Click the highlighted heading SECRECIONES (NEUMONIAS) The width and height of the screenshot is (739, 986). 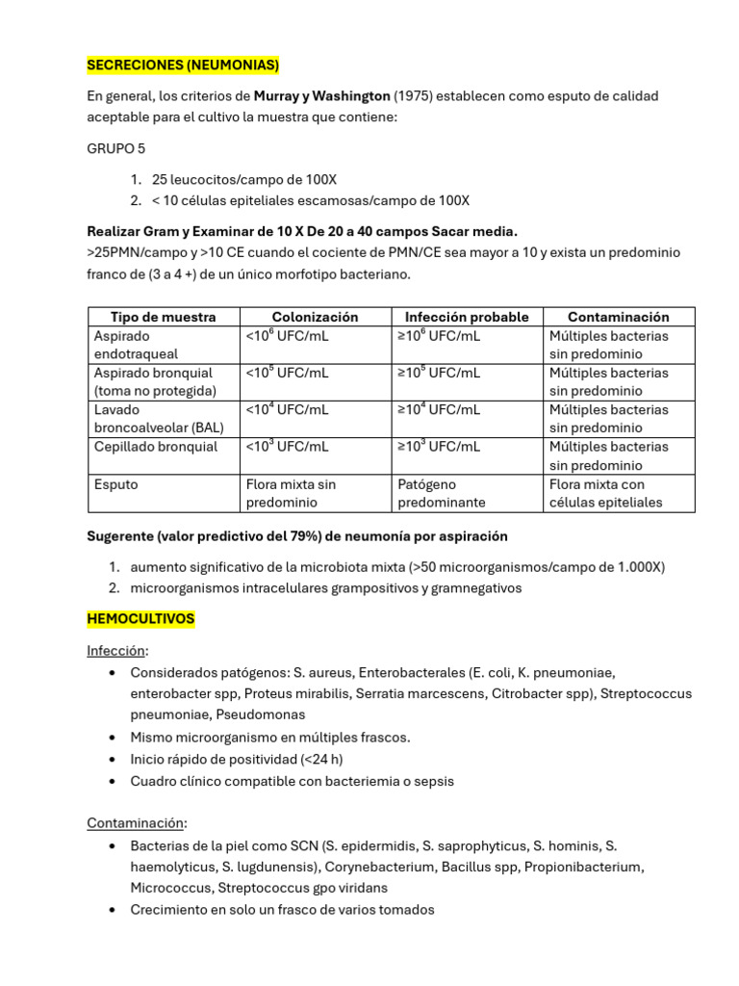(183, 65)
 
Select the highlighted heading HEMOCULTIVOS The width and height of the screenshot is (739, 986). (140, 619)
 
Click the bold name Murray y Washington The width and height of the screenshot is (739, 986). (322, 96)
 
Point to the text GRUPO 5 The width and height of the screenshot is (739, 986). (118, 149)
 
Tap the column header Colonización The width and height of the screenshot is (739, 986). (315, 317)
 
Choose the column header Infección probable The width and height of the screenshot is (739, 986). (467, 317)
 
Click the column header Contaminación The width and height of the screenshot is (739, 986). (618, 317)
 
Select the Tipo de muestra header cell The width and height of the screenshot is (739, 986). (163, 317)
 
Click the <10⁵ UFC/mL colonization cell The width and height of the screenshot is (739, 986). (287, 373)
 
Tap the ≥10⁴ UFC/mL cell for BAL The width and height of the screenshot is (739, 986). (439, 409)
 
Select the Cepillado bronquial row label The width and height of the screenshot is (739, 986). (156, 447)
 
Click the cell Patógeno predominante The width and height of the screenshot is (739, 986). (441, 493)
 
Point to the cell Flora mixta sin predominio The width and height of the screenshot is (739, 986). (291, 493)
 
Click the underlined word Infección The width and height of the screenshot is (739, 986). (118, 650)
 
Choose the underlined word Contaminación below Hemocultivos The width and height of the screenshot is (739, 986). (136, 823)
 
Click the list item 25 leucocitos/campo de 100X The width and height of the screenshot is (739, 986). (244, 180)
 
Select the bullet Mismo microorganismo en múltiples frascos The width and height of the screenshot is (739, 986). (270, 737)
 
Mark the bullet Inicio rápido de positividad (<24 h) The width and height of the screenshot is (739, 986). (237, 759)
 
